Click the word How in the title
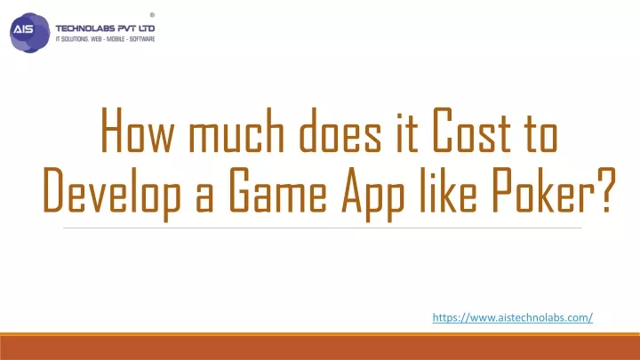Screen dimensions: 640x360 click(137, 130)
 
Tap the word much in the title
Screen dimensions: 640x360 click(236, 130)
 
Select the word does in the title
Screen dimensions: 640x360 click(340, 130)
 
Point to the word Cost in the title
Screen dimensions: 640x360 click(471, 130)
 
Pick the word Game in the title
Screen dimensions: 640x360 click(278, 190)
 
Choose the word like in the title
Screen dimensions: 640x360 click(448, 190)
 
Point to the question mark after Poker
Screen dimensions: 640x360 click(605, 190)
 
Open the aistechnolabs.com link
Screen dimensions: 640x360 click(513, 317)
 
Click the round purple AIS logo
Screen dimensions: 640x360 click(30, 33)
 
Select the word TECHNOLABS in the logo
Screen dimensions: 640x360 click(85, 28)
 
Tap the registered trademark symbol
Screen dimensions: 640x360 click(152, 15)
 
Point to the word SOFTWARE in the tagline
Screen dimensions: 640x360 click(142, 39)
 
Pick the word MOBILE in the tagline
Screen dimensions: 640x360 click(116, 39)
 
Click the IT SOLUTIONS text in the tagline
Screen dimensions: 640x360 click(72, 39)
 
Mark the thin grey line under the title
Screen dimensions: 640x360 click(323, 228)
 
